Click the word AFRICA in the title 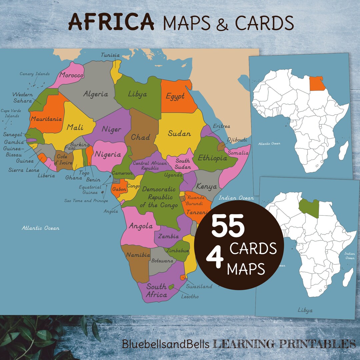coord(111,23)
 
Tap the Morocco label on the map coord(71,75)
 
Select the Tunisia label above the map coord(110,55)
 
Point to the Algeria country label coord(96,94)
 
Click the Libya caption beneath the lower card coord(305,310)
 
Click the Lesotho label coord(190,296)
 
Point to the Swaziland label coord(199,286)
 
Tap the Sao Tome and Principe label coord(86,201)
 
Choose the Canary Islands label coord(35,74)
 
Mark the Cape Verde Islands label coord(10,113)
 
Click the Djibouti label coord(237,140)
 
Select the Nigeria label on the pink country coord(108,154)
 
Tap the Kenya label coord(206,187)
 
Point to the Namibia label coord(138,255)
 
